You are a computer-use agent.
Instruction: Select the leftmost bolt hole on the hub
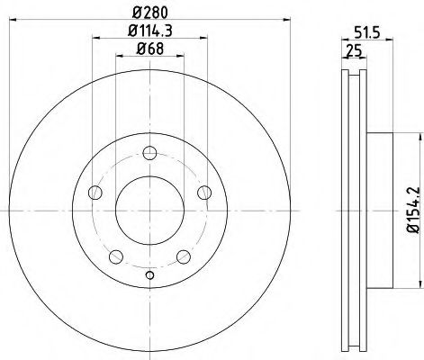95,190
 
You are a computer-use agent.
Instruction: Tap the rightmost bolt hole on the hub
203,190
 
